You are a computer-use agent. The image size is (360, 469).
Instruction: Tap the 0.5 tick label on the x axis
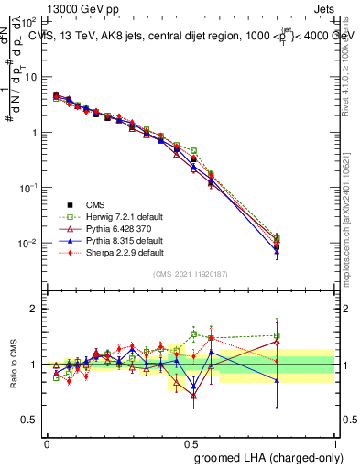coord(191,443)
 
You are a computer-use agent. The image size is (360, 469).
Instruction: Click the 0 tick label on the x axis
coord(47,443)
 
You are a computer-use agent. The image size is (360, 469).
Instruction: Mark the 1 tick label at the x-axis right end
coord(334,443)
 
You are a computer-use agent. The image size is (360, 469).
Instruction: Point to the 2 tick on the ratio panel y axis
coord(35,309)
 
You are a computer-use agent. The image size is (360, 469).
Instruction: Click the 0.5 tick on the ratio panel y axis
coord(31,420)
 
